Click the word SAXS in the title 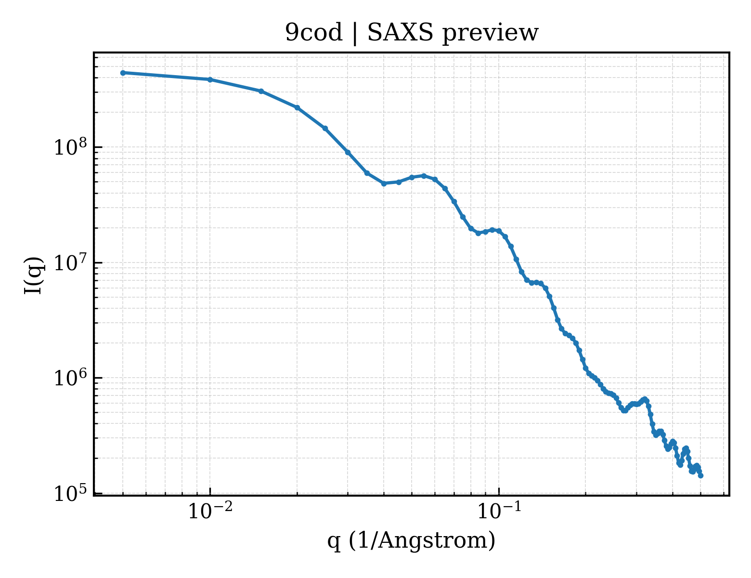coord(400,33)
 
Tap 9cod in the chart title coord(313,33)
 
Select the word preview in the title coord(491,34)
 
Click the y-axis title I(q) coord(34,276)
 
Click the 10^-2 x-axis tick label coord(210,511)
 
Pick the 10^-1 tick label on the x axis coord(499,511)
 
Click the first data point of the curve coord(123,73)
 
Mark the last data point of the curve coord(700,476)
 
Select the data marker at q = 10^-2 coord(210,79)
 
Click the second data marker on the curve coord(210,79)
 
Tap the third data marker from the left coord(261,91)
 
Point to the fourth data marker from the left coord(297,107)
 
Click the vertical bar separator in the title coord(355,34)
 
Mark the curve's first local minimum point coord(384,184)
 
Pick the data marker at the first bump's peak coord(424,176)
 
